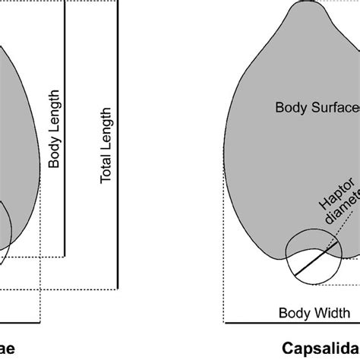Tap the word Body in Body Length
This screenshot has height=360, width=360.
point(54,153)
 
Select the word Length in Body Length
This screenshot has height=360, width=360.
point(54,113)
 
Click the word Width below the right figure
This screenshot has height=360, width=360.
point(328,312)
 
